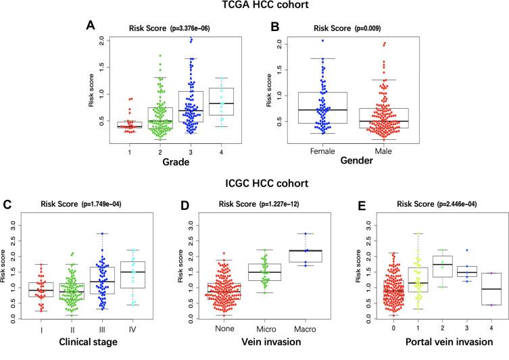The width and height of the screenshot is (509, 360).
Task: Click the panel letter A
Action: (90, 25)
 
